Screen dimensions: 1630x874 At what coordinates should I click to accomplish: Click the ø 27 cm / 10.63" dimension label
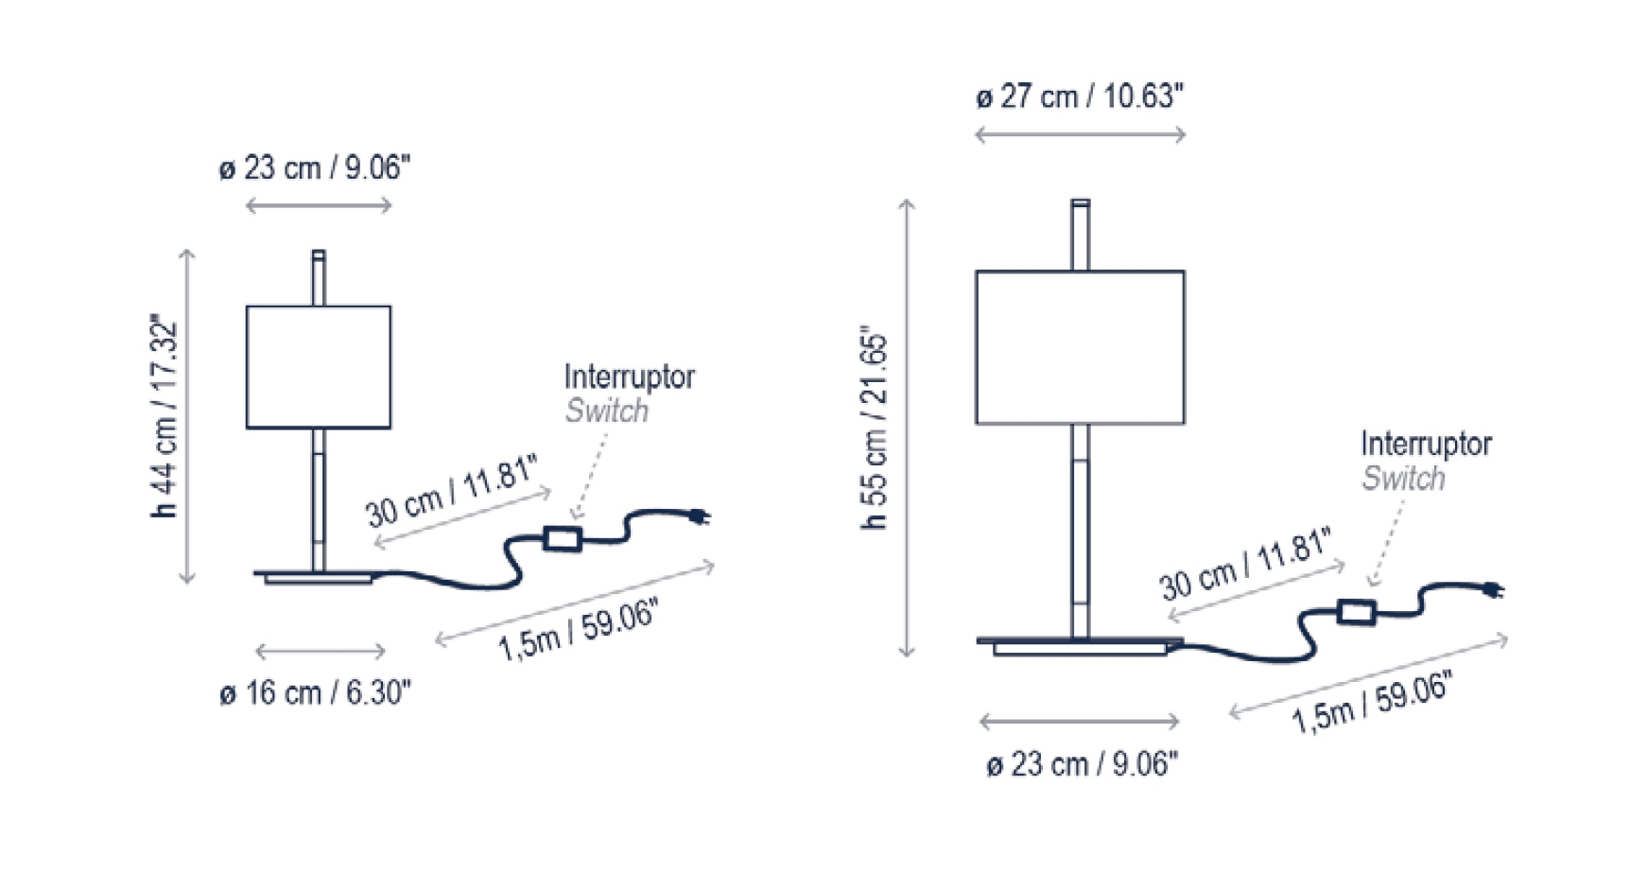1080,96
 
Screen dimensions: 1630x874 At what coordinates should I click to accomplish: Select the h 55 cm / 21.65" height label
876,430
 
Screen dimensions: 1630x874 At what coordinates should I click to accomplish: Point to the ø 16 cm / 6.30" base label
315,693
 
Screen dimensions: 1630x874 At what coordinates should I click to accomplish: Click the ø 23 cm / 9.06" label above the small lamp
315,168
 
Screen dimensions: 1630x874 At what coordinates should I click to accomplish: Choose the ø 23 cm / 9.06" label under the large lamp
1083,764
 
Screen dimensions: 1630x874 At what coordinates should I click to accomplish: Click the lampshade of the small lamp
319,367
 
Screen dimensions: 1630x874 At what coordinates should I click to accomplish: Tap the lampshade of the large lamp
1080,347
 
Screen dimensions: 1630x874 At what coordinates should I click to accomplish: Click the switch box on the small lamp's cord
562,539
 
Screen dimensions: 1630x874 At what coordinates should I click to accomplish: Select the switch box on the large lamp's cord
1356,611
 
